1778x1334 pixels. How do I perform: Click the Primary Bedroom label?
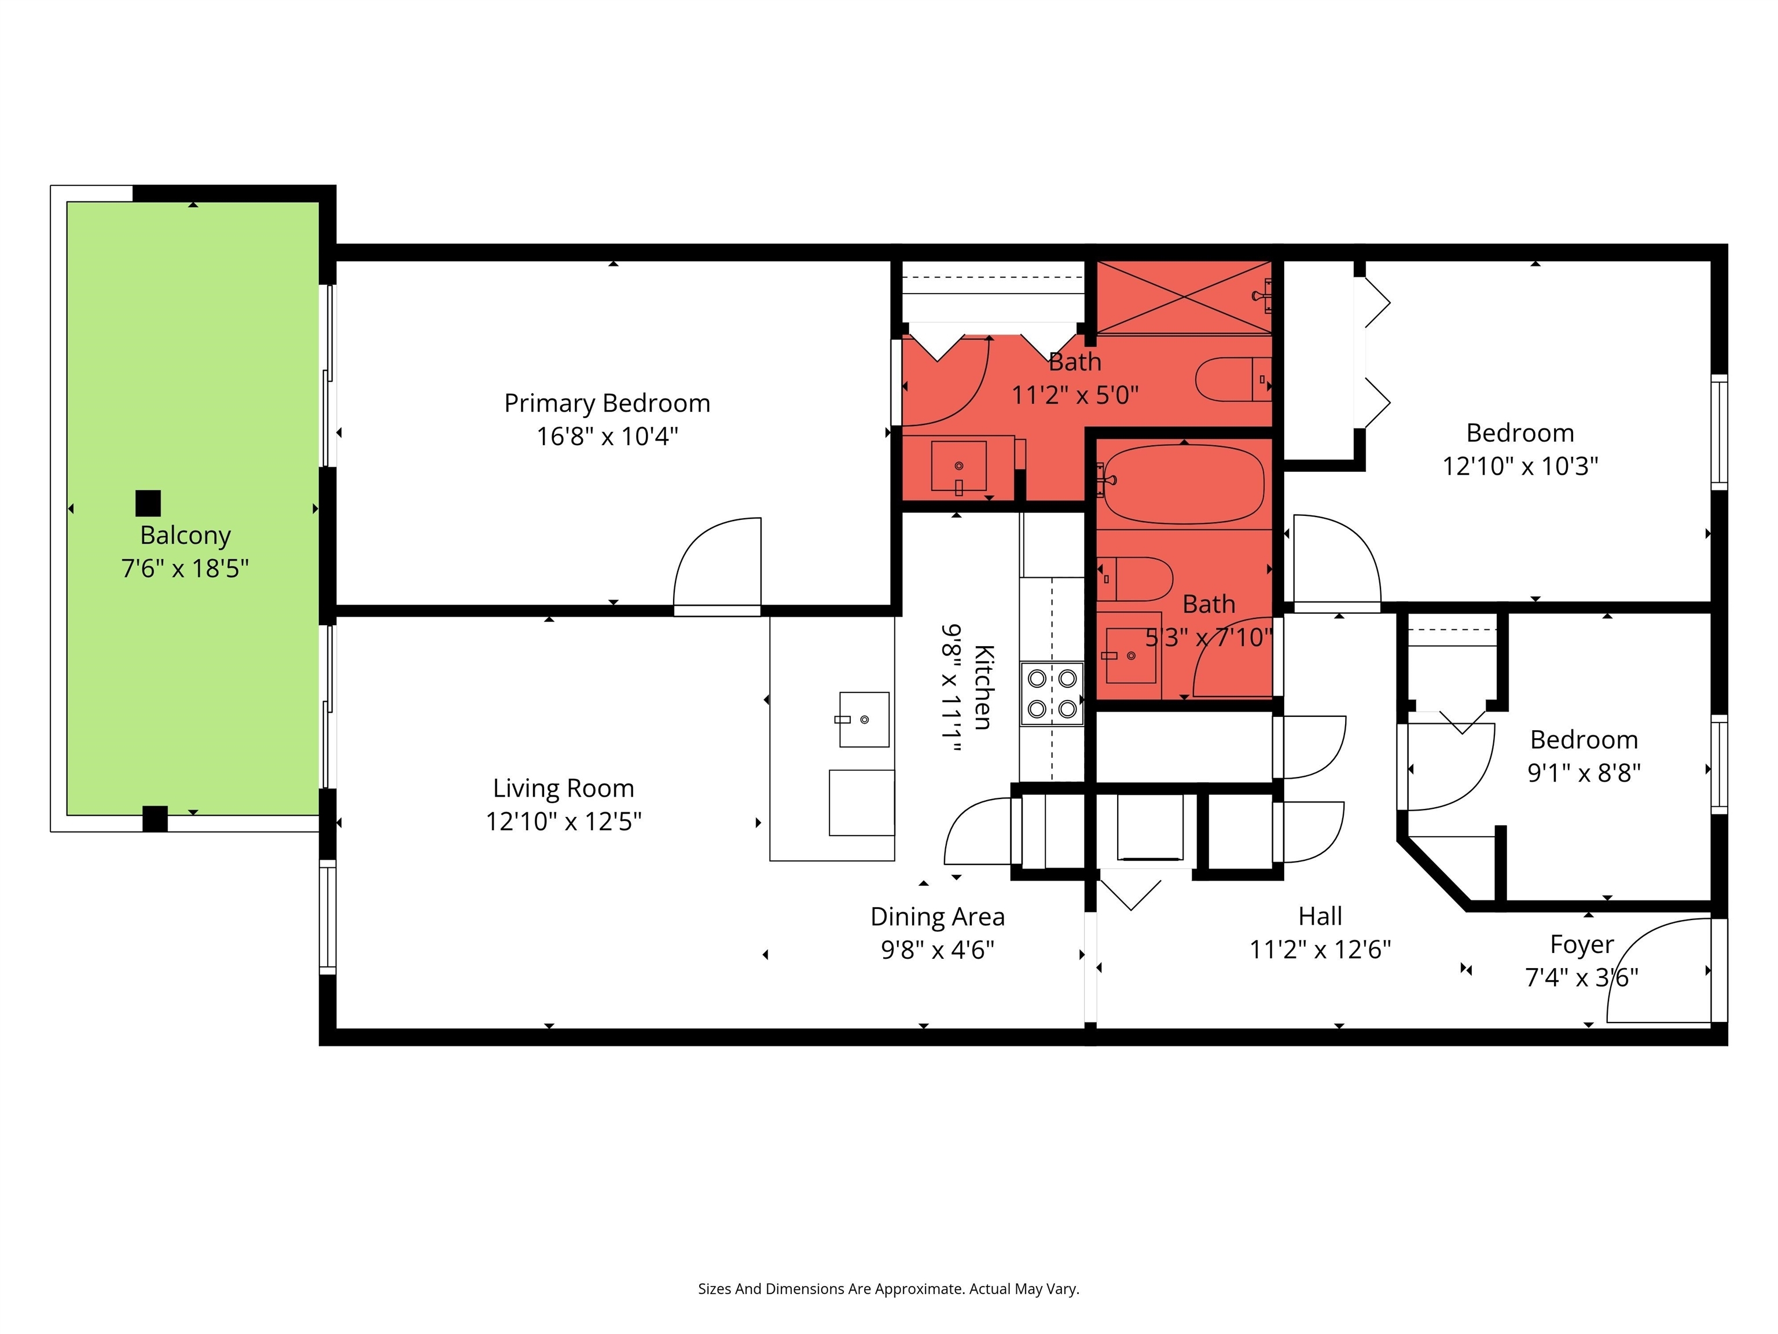[x=607, y=403]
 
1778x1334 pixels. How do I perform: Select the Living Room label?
[x=564, y=788]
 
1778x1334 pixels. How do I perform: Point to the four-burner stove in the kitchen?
[x=1052, y=693]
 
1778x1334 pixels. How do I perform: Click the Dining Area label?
[x=937, y=917]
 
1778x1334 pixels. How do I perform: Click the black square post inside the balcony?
[x=148, y=503]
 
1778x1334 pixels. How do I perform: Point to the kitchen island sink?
[x=864, y=720]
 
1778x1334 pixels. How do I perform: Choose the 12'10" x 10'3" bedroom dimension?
[x=1520, y=466]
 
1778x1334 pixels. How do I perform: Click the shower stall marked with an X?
[x=1184, y=296]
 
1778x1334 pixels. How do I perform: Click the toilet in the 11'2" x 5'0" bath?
[x=1233, y=380]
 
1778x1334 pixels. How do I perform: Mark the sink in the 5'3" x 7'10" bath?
[x=1130, y=655]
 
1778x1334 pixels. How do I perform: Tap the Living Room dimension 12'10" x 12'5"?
[x=564, y=822]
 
